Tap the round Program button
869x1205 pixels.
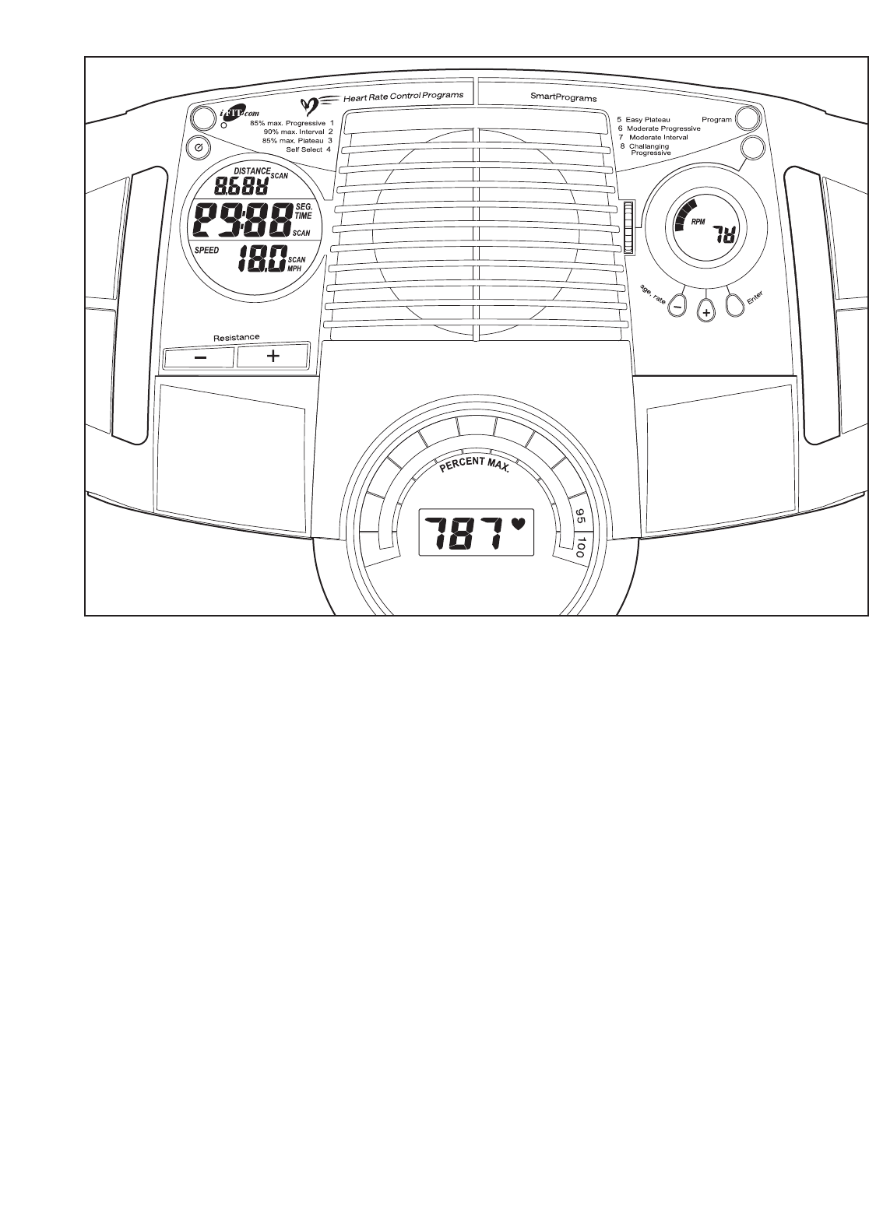click(748, 118)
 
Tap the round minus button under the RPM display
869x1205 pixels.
click(677, 304)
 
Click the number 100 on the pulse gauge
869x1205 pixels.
click(580, 546)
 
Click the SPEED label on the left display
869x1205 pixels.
click(206, 251)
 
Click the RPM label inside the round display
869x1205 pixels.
click(698, 221)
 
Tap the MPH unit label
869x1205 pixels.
click(296, 268)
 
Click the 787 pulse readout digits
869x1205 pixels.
click(466, 534)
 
